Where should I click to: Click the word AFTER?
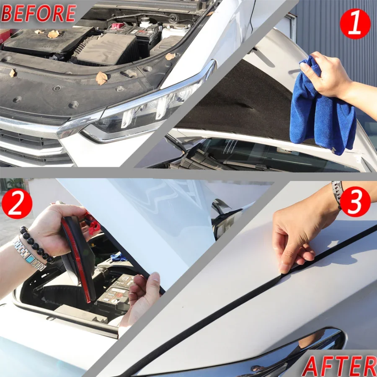point(339,366)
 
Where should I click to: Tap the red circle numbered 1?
point(355,24)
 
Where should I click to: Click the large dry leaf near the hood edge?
point(101,77)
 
